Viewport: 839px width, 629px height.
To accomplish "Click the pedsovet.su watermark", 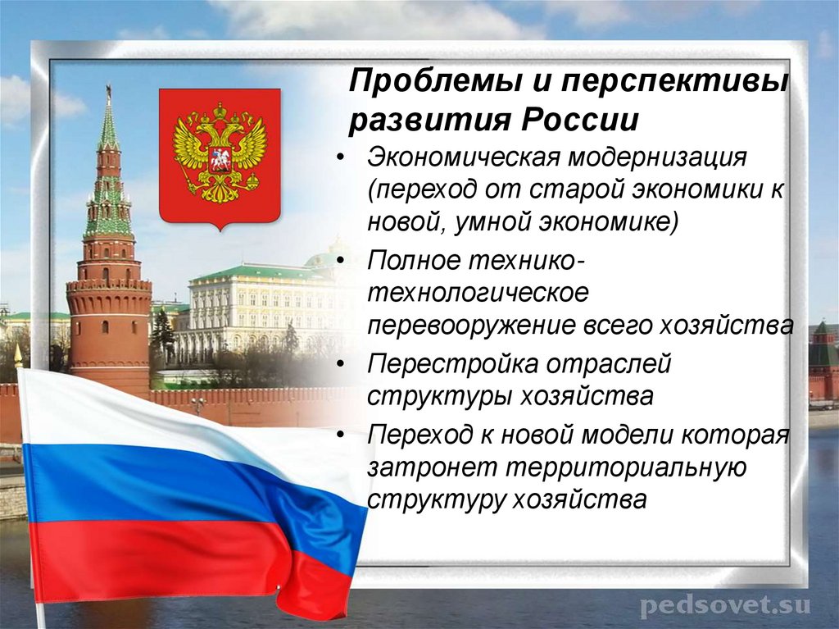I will pos(724,606).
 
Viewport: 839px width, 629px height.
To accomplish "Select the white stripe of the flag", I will pos(123,410).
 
